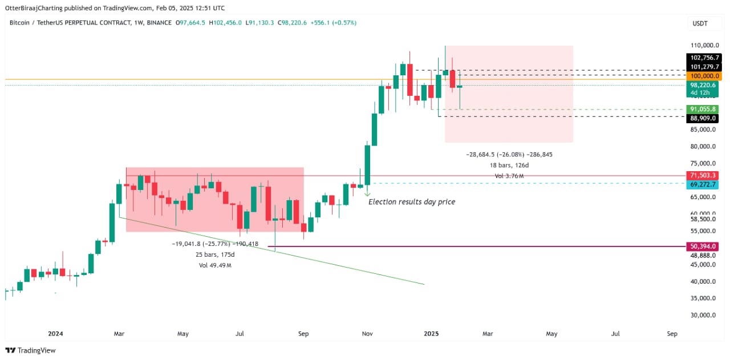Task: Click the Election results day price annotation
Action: click(412, 202)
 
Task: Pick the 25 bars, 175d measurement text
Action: click(214, 254)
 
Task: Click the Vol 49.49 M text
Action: click(214, 265)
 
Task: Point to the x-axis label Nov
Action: click(367, 333)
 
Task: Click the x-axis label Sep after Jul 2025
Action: click(672, 333)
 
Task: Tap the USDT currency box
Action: click(699, 23)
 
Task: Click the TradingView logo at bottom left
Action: click(31, 350)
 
